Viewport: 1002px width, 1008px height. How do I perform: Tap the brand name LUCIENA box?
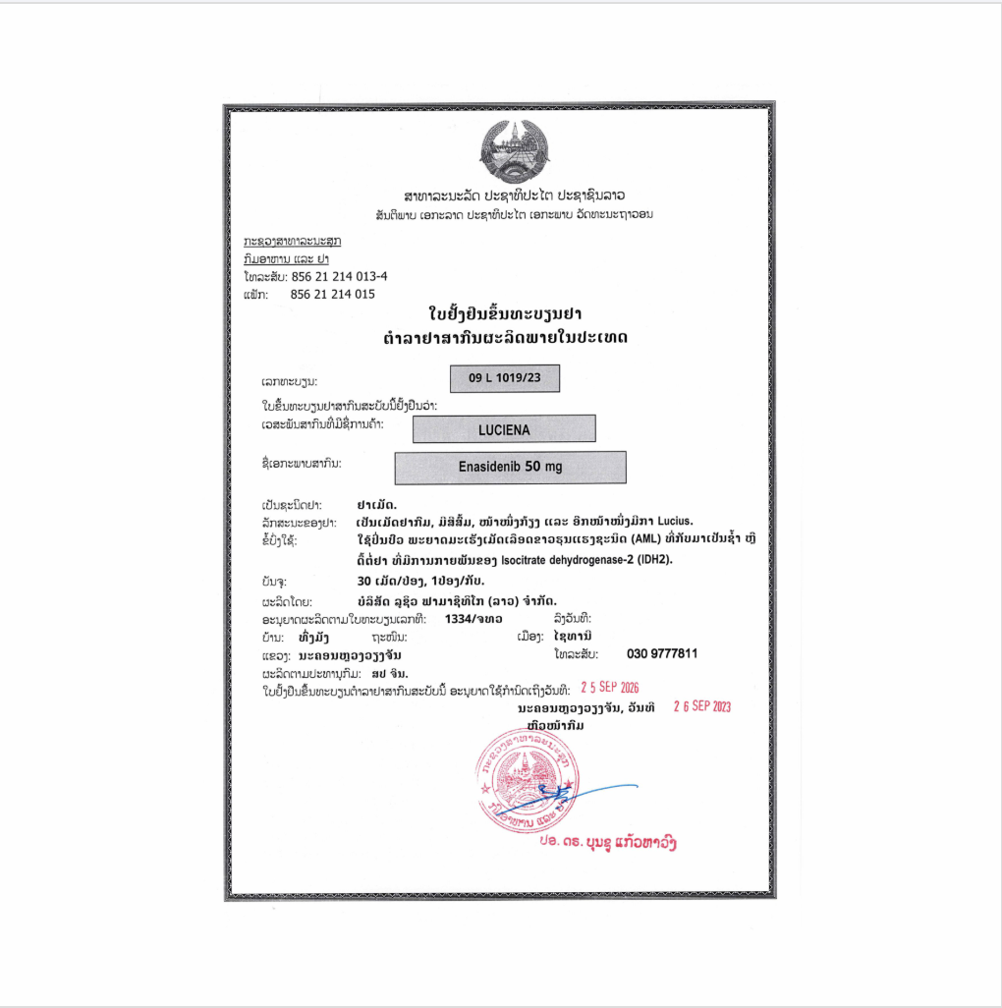504,428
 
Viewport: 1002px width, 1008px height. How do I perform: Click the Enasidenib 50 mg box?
510,468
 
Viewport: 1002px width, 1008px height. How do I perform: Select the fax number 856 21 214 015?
333,294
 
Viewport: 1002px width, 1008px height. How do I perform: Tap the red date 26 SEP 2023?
701,706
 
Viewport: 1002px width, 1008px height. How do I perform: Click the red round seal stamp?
522,776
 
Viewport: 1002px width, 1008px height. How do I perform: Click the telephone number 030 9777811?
662,653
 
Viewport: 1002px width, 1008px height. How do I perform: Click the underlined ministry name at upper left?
292,241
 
